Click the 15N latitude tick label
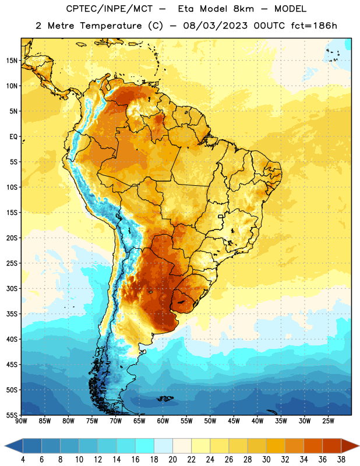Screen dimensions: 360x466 (x=12, y=61)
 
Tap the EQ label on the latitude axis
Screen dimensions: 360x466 (x=13, y=137)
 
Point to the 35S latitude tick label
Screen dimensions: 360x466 (x=12, y=314)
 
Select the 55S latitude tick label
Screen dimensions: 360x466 (x=12, y=415)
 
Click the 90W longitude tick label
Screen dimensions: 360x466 (x=21, y=421)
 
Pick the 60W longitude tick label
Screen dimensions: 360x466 (x=163, y=421)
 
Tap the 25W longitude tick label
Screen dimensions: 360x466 (x=329, y=421)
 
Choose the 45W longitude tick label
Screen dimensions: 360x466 (x=234, y=421)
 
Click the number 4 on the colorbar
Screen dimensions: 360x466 (x=23, y=460)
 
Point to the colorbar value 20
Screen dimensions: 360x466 (x=172, y=460)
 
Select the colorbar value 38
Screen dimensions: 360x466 (x=341, y=460)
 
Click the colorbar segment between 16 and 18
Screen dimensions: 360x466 (x=145, y=446)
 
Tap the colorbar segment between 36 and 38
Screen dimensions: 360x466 (x=332, y=446)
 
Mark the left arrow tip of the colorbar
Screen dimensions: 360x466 (x=5, y=446)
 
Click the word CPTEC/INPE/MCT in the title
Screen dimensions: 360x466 (x=110, y=9)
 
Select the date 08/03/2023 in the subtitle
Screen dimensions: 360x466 (x=215, y=26)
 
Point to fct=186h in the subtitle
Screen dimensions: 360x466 (x=314, y=26)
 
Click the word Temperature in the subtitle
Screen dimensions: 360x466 (x=111, y=26)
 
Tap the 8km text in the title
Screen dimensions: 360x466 (x=243, y=9)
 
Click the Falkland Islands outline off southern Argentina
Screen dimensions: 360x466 (x=165, y=398)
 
